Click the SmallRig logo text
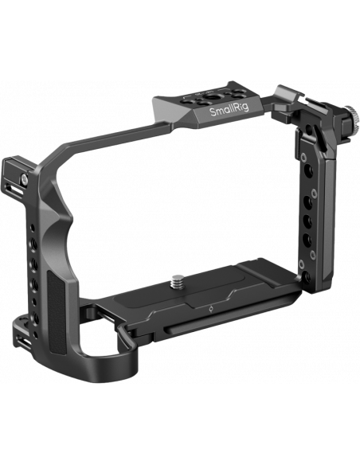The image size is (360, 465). point(229,110)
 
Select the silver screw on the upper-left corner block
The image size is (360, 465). point(24,178)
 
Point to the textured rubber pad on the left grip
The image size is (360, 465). point(57,311)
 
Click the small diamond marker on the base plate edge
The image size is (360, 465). point(211,310)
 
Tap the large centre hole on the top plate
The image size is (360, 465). point(211,98)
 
